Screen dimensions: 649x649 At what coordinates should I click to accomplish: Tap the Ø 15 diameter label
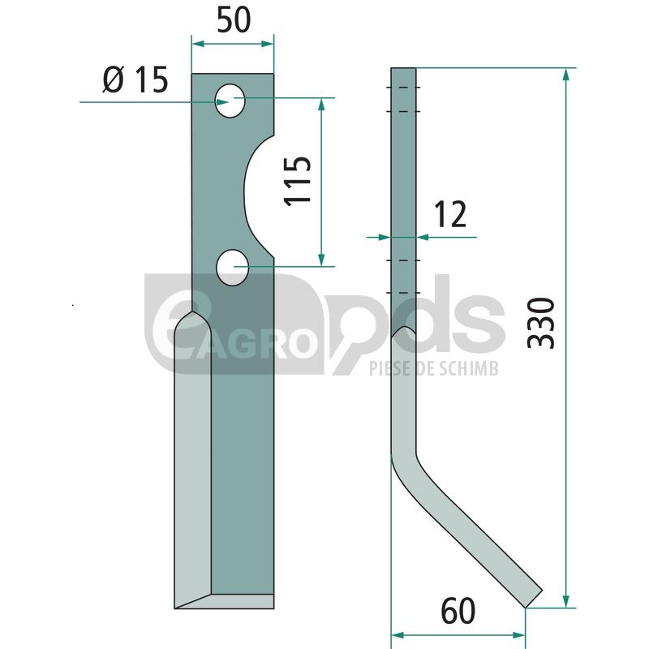[135, 80]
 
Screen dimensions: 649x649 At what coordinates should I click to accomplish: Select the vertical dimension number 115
[298, 180]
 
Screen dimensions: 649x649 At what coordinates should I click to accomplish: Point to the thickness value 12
[450, 214]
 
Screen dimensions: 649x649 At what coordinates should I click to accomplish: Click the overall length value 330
[541, 323]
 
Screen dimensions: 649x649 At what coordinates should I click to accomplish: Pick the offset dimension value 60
[458, 612]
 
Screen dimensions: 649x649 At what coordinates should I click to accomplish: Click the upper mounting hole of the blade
[230, 101]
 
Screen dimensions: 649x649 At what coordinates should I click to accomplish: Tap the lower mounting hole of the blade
[233, 268]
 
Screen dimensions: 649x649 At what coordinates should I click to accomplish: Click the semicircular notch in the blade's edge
[251, 196]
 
